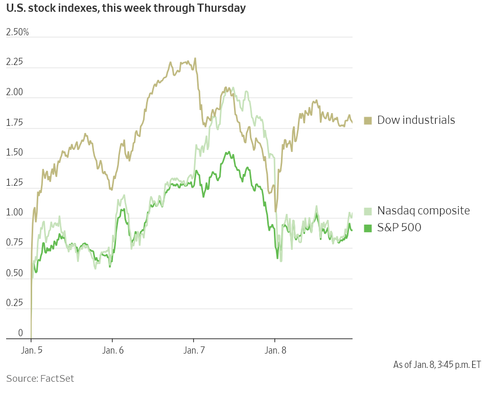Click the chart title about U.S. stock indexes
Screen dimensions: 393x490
[x=126, y=9]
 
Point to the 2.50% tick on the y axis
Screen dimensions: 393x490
[x=17, y=32]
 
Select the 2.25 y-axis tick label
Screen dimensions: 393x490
[x=15, y=62]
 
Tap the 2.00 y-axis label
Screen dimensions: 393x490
[x=15, y=93]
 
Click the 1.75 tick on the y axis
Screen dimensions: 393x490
[x=15, y=123]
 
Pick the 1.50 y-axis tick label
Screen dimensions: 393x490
[x=15, y=152]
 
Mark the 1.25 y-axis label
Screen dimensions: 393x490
[x=15, y=183]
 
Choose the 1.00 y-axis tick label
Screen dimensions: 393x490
[x=15, y=213]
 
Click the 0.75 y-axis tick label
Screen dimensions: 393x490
[x=15, y=243]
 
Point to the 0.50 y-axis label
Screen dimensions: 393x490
[x=15, y=273]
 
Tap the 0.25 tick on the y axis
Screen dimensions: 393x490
[x=15, y=303]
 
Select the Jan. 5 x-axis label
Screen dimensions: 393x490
[x=32, y=351]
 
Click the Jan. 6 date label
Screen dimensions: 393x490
[x=112, y=351]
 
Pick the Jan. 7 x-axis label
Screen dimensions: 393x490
[x=194, y=351]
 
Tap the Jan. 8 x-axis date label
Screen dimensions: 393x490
[x=275, y=351]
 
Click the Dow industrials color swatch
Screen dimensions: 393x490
[x=367, y=121]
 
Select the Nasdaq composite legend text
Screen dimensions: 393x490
[x=424, y=210]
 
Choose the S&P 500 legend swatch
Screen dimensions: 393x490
[x=367, y=228]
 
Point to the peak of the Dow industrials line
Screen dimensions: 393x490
[x=195, y=58]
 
